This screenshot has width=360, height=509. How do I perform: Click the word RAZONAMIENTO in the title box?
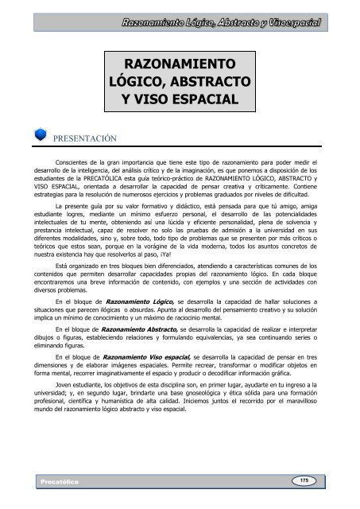click(180, 64)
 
